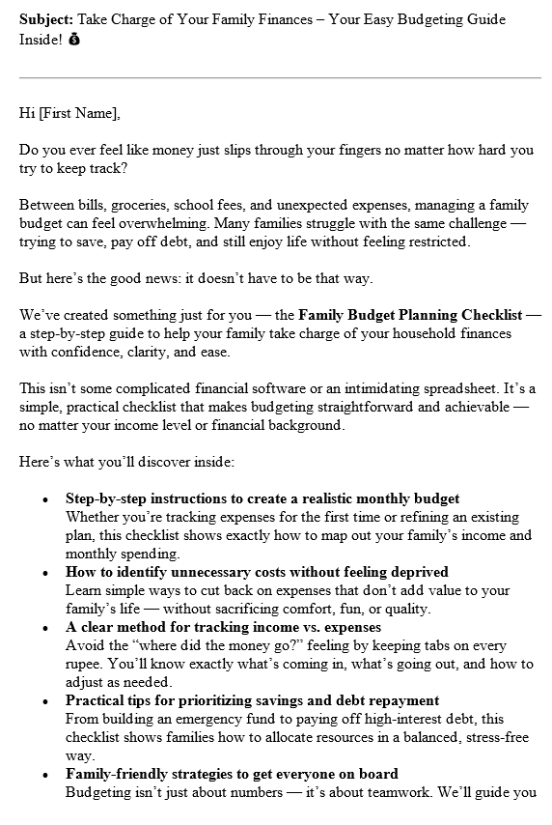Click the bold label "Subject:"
(44, 19)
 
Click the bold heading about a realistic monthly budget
(262, 498)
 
